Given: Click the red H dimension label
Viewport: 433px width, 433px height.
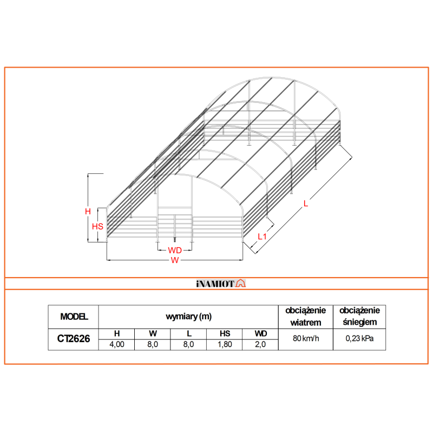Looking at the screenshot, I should point(88,212).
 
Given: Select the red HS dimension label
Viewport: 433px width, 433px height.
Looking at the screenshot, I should point(97,226).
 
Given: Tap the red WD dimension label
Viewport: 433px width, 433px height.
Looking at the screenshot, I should point(174,250).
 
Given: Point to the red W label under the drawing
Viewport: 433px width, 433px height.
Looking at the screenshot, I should point(174,261).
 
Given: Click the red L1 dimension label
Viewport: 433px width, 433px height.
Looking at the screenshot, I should point(262,236).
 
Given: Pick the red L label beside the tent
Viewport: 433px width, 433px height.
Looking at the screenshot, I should point(306,204).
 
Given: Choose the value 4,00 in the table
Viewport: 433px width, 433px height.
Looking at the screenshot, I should point(117,345).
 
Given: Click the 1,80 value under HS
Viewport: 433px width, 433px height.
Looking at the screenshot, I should point(225,345).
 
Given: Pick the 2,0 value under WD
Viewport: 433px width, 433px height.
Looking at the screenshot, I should point(260,345).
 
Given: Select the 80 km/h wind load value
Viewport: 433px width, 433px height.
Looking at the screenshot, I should point(305,339).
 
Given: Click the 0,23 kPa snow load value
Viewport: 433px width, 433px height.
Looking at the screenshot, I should point(359,339).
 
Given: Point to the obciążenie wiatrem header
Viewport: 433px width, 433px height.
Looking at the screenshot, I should point(305,316).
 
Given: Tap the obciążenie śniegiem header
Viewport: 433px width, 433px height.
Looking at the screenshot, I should point(359,316).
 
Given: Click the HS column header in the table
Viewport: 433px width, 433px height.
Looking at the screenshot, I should point(225,334).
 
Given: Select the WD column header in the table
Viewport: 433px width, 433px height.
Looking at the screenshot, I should point(260,334).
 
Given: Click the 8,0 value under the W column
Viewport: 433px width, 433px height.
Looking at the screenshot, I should point(153,345).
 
